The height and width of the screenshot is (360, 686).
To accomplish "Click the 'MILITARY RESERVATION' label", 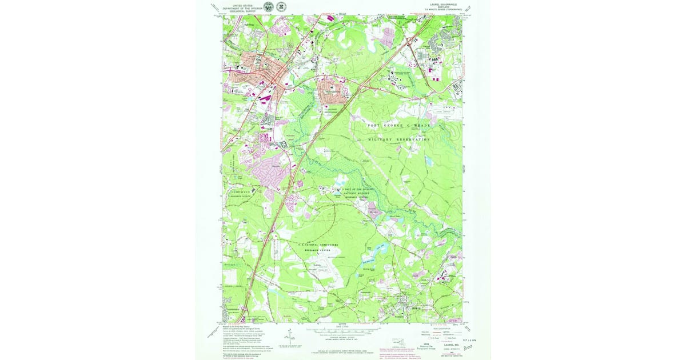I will coord(399,139).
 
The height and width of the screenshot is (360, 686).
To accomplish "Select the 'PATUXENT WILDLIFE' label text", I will coord(356,194).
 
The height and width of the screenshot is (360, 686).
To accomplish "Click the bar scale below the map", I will coord(342,330).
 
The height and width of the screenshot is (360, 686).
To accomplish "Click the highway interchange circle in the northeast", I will coord(410,40).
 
